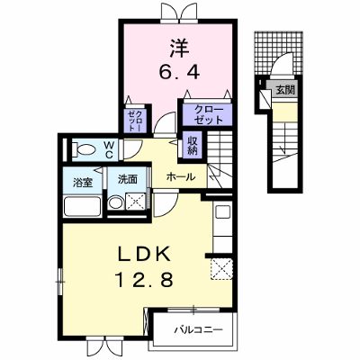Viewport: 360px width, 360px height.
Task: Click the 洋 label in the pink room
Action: pyautogui.click(x=180, y=49)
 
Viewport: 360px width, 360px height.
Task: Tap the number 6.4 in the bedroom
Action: pyautogui.click(x=179, y=71)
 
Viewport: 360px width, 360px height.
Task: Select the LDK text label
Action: pyautogui.click(x=144, y=255)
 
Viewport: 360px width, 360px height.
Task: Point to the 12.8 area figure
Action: pyautogui.click(x=144, y=280)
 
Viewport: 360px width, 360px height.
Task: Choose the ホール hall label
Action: pyautogui.click(x=181, y=176)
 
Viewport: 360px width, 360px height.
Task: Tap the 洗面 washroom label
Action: pyautogui.click(x=128, y=179)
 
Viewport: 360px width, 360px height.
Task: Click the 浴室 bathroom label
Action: pyautogui.click(x=83, y=183)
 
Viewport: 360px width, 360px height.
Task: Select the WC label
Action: pyautogui.click(x=109, y=150)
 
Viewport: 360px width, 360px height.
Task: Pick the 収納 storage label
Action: pyautogui.click(x=193, y=146)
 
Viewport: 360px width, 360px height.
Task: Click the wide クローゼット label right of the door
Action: pyautogui.click(x=208, y=114)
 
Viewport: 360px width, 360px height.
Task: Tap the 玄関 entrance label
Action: pyautogui.click(x=285, y=90)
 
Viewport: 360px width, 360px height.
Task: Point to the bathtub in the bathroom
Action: pyautogui.click(x=83, y=206)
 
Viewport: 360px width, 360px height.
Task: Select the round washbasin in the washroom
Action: pyautogui.click(x=115, y=203)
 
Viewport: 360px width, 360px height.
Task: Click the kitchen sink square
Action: pyautogui.click(x=222, y=211)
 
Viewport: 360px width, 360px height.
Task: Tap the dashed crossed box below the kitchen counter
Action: pyautogui.click(x=221, y=269)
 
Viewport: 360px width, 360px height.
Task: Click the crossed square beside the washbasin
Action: pyautogui.click(x=135, y=202)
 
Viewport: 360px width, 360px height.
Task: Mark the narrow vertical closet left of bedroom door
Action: pyautogui.click(x=135, y=120)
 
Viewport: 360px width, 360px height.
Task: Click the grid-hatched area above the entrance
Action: pyautogui.click(x=278, y=52)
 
